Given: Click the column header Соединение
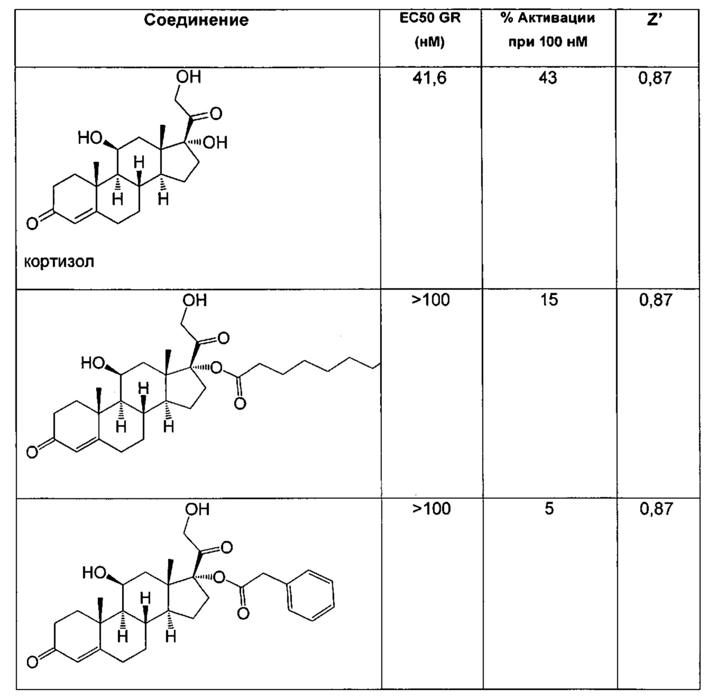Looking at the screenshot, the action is click(x=196, y=20).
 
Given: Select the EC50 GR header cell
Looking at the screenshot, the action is click(x=430, y=30).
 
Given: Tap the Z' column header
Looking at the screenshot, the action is click(x=655, y=20).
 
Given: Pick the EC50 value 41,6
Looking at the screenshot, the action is click(x=429, y=78).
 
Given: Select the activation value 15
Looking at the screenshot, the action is click(x=549, y=300).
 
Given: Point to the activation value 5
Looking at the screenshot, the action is click(x=548, y=508).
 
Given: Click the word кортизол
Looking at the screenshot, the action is click(x=59, y=262).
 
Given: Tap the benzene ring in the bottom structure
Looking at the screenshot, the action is click(x=311, y=596).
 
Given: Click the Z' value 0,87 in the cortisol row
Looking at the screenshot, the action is click(x=655, y=78).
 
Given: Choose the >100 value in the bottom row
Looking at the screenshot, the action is click(x=431, y=508).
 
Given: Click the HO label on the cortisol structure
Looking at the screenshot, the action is click(x=89, y=138).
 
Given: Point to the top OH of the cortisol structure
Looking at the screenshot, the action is click(x=188, y=77).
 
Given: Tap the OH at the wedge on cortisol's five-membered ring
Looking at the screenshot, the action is click(x=215, y=143).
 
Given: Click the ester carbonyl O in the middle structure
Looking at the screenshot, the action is click(x=240, y=404).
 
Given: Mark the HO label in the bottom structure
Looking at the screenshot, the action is click(x=94, y=573).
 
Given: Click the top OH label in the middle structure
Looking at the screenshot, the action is click(x=195, y=300).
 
